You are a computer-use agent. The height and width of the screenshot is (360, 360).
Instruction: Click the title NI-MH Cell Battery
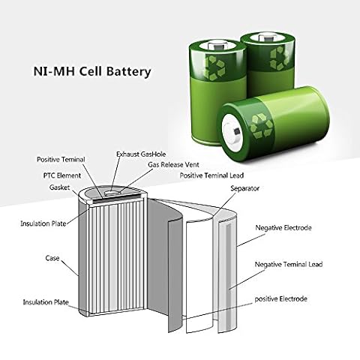click(x=92, y=71)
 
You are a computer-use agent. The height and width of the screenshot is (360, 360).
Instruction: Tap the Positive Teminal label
click(x=61, y=160)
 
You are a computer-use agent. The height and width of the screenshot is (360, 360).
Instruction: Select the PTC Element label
click(x=62, y=175)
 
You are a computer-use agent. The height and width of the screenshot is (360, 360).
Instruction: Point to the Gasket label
click(x=59, y=187)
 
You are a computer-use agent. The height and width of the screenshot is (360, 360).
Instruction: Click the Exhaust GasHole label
click(x=141, y=154)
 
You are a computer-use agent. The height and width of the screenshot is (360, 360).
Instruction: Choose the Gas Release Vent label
click(x=173, y=165)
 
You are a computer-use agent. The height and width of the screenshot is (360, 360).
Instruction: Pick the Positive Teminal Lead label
click(x=211, y=175)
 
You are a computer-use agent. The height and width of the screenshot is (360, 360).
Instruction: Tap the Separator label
click(x=245, y=188)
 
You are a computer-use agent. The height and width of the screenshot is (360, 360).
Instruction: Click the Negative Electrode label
click(x=283, y=228)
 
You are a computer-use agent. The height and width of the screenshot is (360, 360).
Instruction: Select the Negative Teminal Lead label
click(x=289, y=264)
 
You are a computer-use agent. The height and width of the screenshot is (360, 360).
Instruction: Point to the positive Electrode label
click(x=280, y=298)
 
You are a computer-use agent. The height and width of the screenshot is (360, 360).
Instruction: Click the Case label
click(x=52, y=258)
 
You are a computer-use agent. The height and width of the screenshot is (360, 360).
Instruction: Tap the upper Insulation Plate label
click(x=43, y=223)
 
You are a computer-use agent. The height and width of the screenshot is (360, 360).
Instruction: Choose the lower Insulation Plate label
click(x=46, y=302)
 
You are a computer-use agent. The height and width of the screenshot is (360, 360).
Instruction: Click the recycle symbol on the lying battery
click(x=262, y=127)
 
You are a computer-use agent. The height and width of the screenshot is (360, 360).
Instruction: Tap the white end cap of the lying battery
click(x=233, y=131)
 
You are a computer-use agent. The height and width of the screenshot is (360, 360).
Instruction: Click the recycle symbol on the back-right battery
click(x=279, y=58)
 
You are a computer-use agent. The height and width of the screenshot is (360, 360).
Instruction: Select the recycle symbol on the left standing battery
click(x=214, y=68)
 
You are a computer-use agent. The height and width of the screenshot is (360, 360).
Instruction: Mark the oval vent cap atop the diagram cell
click(x=112, y=193)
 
